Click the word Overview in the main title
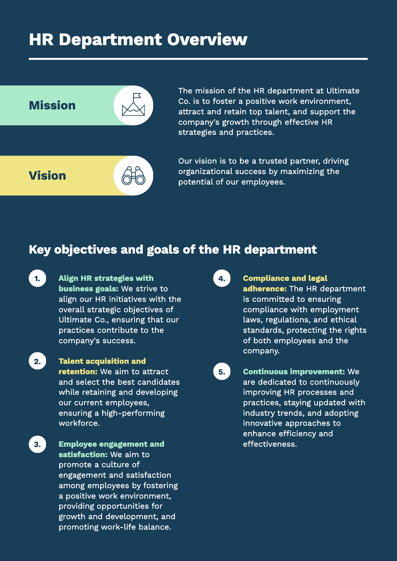pos(207,40)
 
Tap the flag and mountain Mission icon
pos(133,105)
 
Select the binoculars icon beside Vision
pos(133,176)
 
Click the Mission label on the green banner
pos(52,105)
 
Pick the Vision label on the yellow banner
pos(47,176)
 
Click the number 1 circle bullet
pos(37,279)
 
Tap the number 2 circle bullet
pos(37,362)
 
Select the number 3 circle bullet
pos(37,444)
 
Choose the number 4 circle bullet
pos(222,279)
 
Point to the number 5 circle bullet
pos(222,372)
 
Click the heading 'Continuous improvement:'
pos(294,372)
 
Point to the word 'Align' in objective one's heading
pos(68,278)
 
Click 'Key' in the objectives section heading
pos(40,249)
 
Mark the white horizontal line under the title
pos(198,59)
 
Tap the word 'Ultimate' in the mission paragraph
pos(343,91)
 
